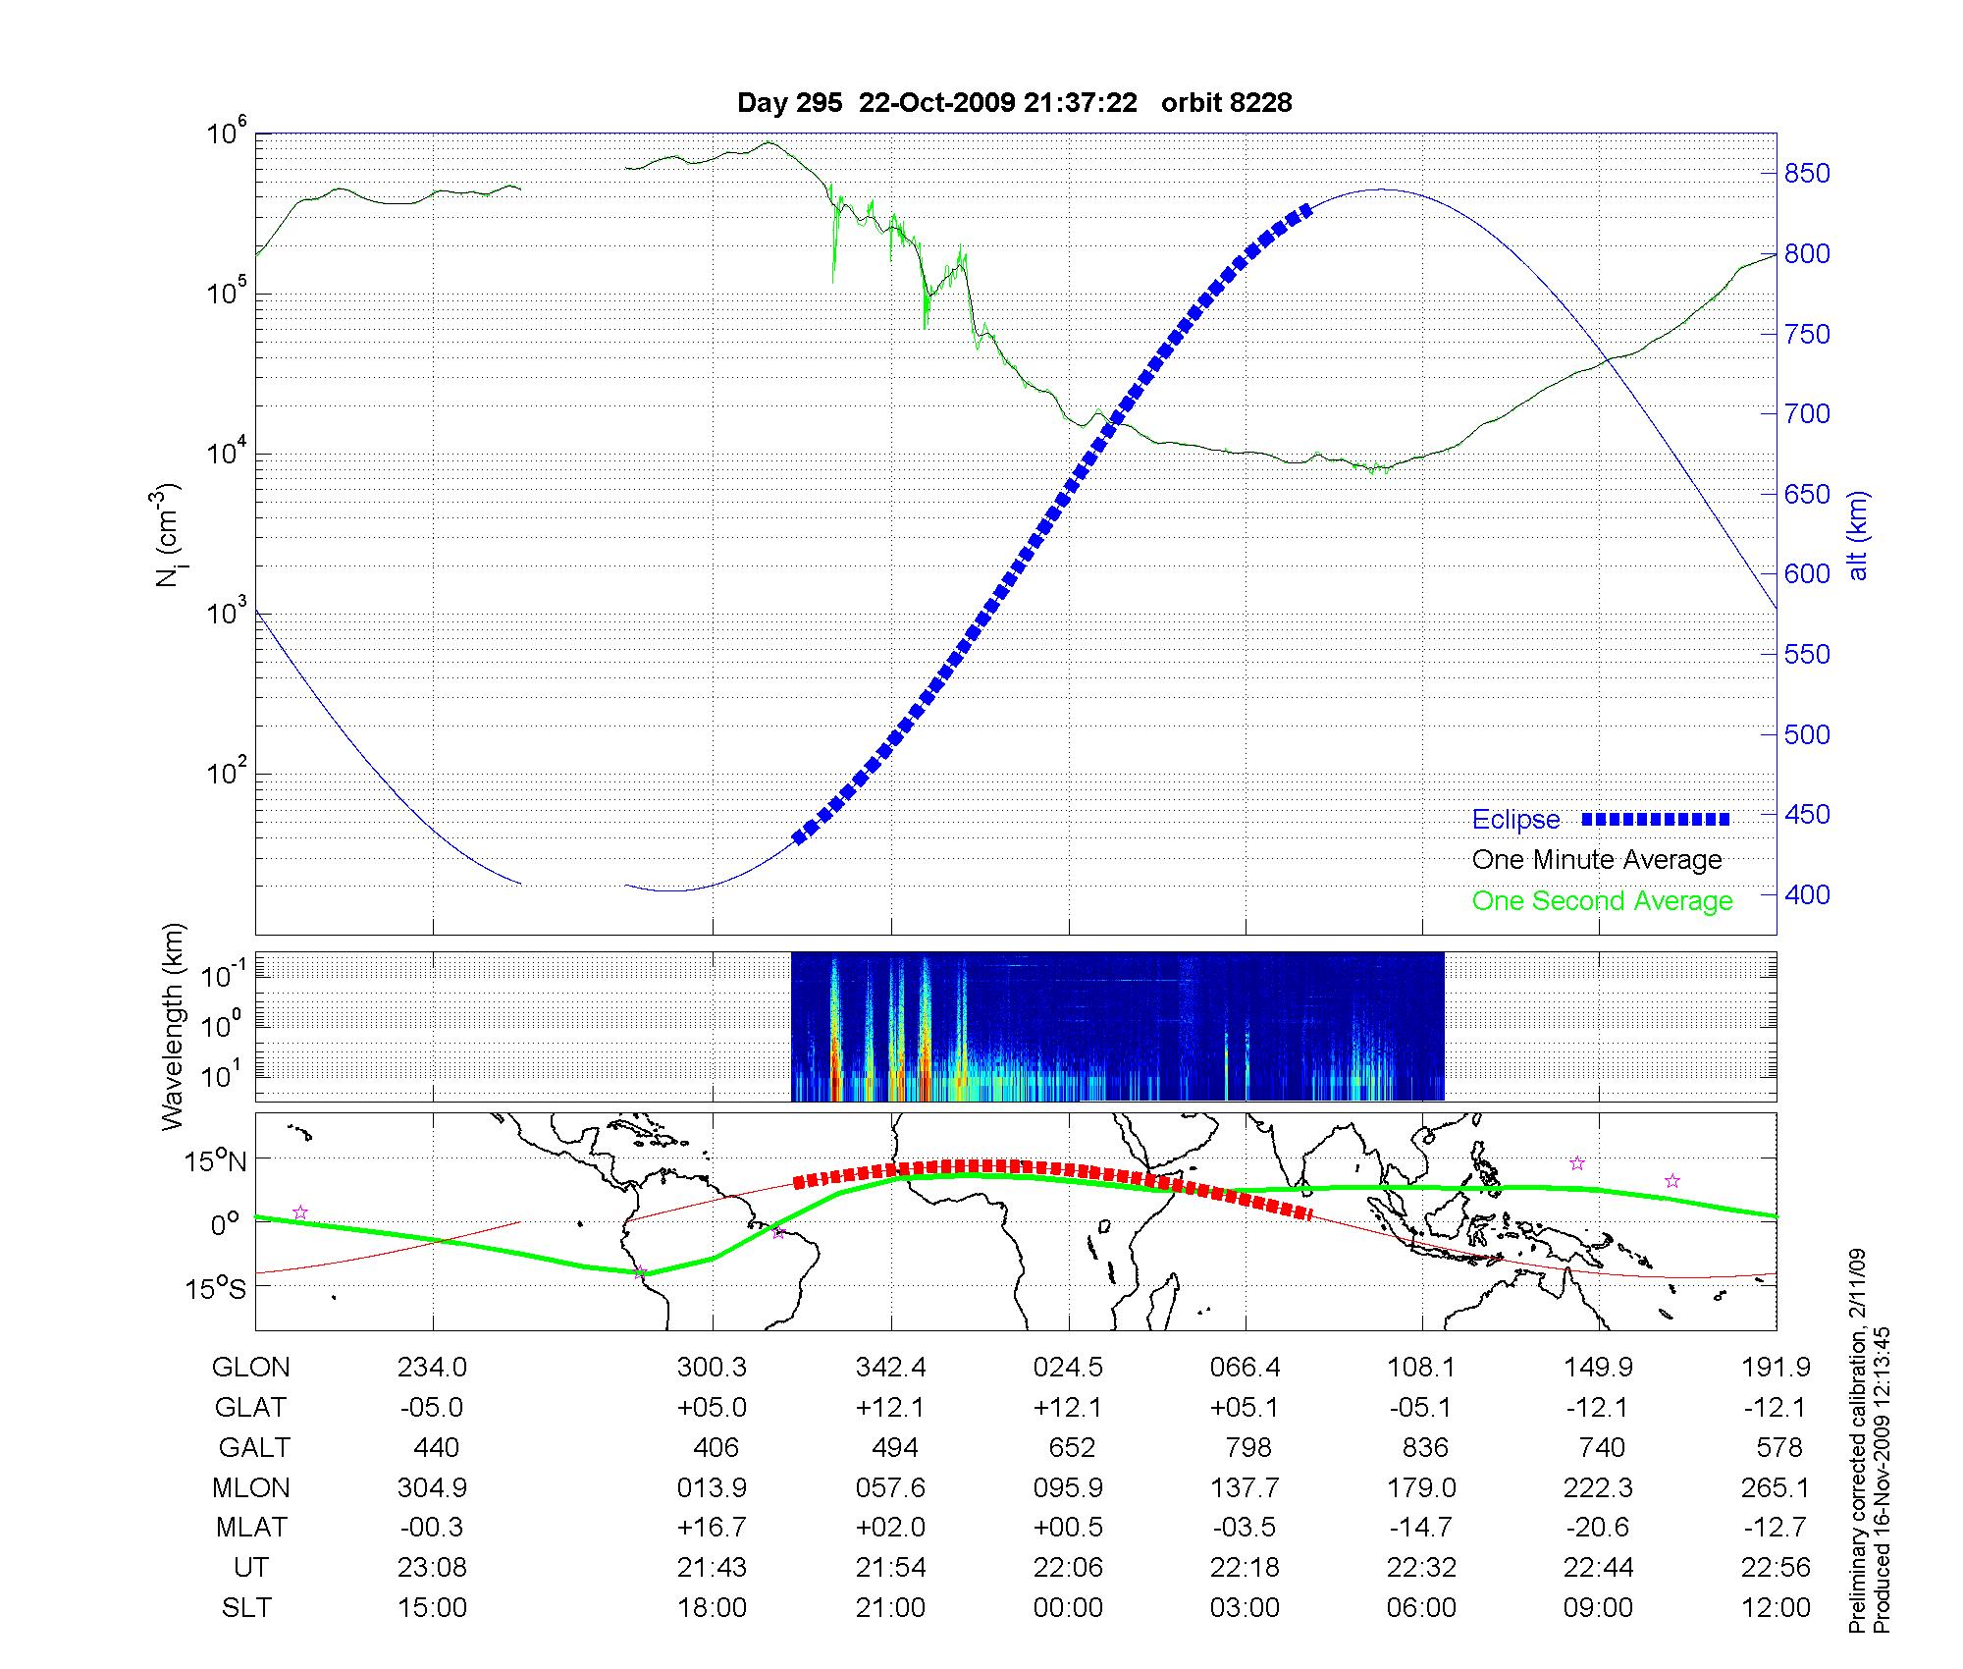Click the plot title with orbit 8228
tap(1014, 102)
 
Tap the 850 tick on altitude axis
tap(1806, 174)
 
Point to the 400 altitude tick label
tap(1806, 894)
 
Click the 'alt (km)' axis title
tap(1857, 535)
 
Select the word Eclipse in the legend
tap(1515, 820)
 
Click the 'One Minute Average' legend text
tap(1597, 860)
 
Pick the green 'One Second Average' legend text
tap(1602, 901)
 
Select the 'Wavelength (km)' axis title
tap(173, 1027)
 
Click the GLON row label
tap(250, 1367)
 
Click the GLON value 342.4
tap(890, 1367)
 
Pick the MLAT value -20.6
tap(1597, 1528)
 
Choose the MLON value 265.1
tap(1775, 1487)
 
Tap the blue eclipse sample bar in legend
tap(1655, 819)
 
